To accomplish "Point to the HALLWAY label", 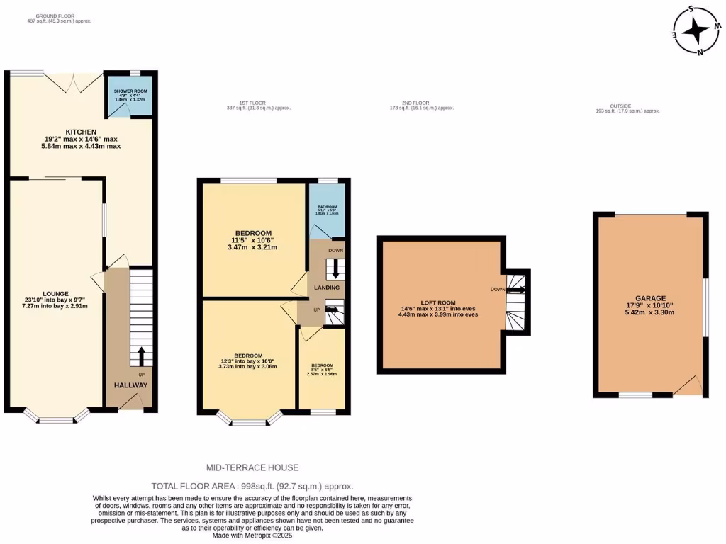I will [130, 385].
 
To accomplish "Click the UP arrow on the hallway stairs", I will [141, 353].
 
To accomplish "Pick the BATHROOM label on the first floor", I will [326, 205].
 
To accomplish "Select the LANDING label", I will [327, 287].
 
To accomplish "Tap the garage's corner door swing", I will [688, 385].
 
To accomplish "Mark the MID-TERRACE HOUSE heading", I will [252, 467].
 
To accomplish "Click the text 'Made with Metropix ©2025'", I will [252, 535].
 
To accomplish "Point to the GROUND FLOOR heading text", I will [55, 14].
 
